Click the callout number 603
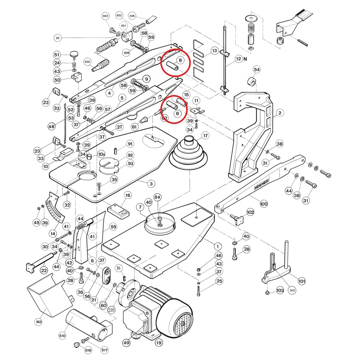click(x=106, y=16)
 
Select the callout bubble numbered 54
click(x=257, y=70)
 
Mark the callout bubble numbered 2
click(x=280, y=113)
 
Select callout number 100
click(x=264, y=204)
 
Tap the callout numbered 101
click(x=302, y=282)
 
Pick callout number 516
click(x=88, y=350)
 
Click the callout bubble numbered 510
click(x=62, y=336)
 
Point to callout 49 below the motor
click(x=127, y=343)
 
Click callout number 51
click(x=57, y=55)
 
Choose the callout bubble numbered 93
click(x=130, y=164)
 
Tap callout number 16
click(x=128, y=195)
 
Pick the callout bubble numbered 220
click(x=111, y=310)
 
